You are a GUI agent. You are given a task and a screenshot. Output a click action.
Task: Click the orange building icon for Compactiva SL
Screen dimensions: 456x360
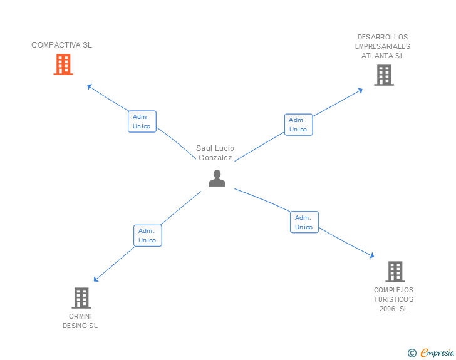(x=63, y=64)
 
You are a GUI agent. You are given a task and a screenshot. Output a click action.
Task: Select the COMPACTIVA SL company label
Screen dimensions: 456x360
(x=61, y=45)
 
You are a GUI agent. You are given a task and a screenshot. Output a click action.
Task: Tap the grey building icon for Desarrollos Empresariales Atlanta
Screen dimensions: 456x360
(x=383, y=75)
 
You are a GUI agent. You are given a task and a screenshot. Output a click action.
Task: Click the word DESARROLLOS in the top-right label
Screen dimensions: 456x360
(x=382, y=37)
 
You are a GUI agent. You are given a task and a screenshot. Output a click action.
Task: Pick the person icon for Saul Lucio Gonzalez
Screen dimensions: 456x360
(x=217, y=178)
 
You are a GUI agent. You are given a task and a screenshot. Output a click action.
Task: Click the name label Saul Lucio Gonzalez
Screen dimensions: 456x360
(x=215, y=153)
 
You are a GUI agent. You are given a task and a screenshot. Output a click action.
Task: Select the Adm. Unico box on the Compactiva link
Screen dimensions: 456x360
(x=142, y=121)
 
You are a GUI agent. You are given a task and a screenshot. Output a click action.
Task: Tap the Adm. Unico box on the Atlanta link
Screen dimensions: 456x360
(x=298, y=125)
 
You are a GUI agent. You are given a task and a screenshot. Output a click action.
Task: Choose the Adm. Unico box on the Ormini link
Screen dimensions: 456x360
(x=148, y=235)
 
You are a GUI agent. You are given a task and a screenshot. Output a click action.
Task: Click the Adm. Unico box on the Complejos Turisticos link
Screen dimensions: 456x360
(x=304, y=222)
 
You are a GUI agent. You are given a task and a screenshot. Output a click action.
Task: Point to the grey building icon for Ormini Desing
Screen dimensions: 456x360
(x=81, y=298)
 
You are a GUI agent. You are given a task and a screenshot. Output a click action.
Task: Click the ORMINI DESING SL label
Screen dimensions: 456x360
(x=80, y=321)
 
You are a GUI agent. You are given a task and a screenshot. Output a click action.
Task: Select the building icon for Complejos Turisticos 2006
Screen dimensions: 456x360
(x=395, y=272)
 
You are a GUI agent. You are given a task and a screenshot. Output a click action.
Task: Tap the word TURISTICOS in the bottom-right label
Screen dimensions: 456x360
(x=393, y=299)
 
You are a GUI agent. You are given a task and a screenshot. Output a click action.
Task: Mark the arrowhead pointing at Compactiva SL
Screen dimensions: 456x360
(x=89, y=86)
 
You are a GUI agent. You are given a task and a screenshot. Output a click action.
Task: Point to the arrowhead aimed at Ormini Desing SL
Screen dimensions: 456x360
(x=96, y=280)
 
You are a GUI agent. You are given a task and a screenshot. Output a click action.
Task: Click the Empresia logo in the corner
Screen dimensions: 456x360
(x=437, y=353)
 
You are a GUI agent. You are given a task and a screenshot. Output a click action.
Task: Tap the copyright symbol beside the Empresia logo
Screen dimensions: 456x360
(x=412, y=354)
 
